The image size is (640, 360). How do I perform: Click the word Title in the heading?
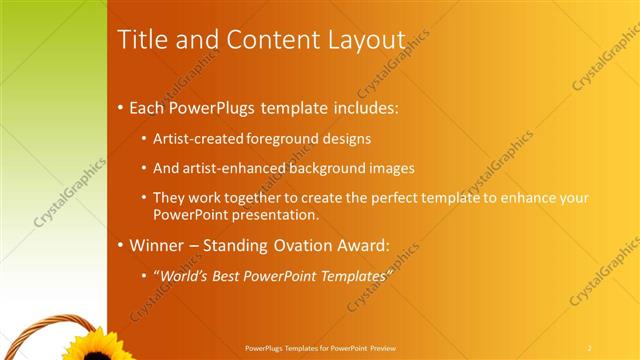click(x=141, y=39)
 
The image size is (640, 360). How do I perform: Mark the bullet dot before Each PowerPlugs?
click(x=122, y=107)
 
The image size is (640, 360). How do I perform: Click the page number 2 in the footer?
click(x=589, y=347)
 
